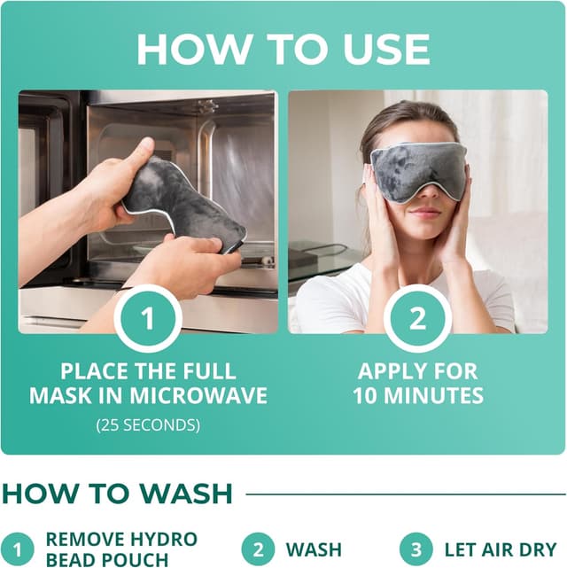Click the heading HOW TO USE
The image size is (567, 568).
283,50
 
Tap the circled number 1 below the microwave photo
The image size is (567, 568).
148,316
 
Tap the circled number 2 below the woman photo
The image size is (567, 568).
418,316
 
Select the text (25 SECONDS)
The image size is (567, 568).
148,425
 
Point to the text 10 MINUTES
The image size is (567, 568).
418,395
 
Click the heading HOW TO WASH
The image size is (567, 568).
117,493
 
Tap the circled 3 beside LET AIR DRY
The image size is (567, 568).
416,549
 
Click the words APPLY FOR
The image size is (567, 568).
418,370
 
